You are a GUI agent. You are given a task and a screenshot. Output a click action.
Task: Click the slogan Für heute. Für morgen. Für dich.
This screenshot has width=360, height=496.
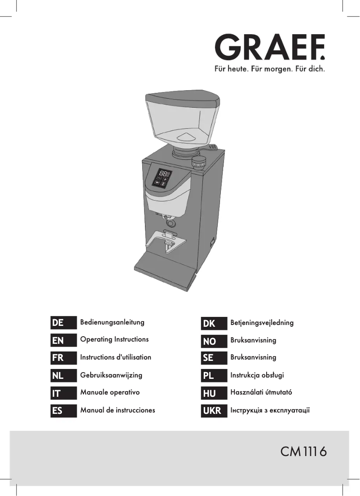click(x=266, y=70)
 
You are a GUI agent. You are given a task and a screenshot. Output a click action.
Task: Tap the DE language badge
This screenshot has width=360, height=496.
click(x=63, y=323)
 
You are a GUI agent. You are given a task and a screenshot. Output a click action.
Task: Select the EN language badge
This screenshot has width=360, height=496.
click(x=63, y=340)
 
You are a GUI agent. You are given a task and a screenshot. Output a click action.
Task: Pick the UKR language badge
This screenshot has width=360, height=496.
click(x=214, y=411)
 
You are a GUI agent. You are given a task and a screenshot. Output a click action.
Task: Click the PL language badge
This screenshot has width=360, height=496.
click(x=214, y=376)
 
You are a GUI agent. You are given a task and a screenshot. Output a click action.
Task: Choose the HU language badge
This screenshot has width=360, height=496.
click(x=214, y=393)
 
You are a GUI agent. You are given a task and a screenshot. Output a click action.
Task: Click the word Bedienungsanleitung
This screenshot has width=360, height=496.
click(x=112, y=322)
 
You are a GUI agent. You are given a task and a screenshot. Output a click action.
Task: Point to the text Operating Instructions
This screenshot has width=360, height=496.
click(x=114, y=339)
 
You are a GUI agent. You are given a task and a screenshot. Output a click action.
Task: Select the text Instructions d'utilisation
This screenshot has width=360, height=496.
click(x=115, y=357)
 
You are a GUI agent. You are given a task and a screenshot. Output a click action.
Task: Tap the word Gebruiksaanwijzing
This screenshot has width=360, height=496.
click(x=111, y=375)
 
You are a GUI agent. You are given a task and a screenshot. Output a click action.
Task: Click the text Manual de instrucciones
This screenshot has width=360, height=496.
click(x=117, y=410)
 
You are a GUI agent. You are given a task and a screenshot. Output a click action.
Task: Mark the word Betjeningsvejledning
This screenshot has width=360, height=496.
click(x=262, y=323)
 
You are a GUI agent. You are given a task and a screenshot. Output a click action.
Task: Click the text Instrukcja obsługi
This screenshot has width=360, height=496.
click(x=257, y=375)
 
